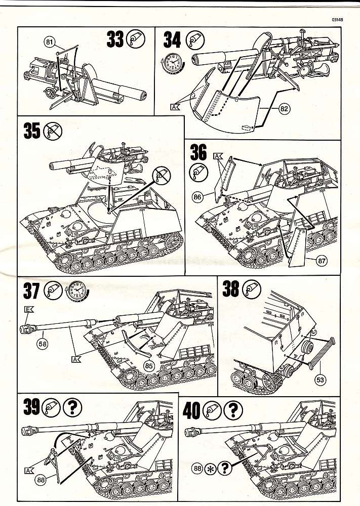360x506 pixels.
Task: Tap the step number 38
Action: click(230, 289)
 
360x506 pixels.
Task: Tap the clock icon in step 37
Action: click(77, 290)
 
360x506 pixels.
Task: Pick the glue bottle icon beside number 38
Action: click(250, 289)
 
